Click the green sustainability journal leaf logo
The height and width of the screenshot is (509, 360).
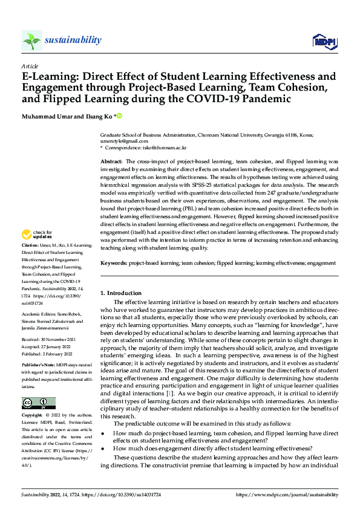31,41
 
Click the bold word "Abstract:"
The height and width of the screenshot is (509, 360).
111,163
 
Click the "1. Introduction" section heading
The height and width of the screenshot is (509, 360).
121,293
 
